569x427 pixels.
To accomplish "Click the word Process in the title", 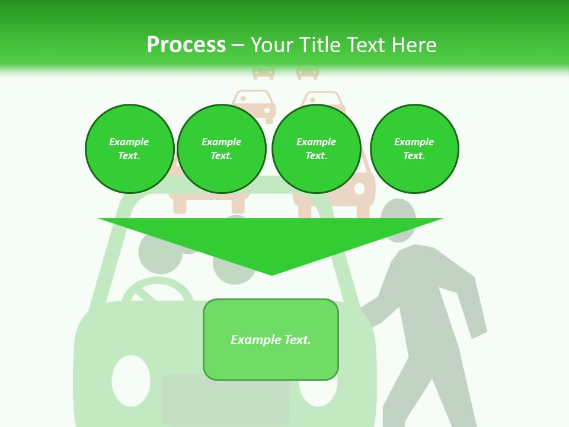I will pyautogui.click(x=186, y=45).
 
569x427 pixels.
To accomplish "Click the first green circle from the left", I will pyautogui.click(x=129, y=149).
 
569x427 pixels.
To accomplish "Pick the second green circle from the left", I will pyautogui.click(x=222, y=149).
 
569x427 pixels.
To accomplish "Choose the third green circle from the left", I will pyautogui.click(x=317, y=149).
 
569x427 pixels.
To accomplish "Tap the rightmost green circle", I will pyautogui.click(x=414, y=149).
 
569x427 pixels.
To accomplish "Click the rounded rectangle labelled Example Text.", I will pyautogui.click(x=271, y=339).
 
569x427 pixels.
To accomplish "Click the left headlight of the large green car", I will pyautogui.click(x=131, y=380).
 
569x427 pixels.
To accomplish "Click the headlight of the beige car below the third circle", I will pyautogui.click(x=359, y=189).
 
